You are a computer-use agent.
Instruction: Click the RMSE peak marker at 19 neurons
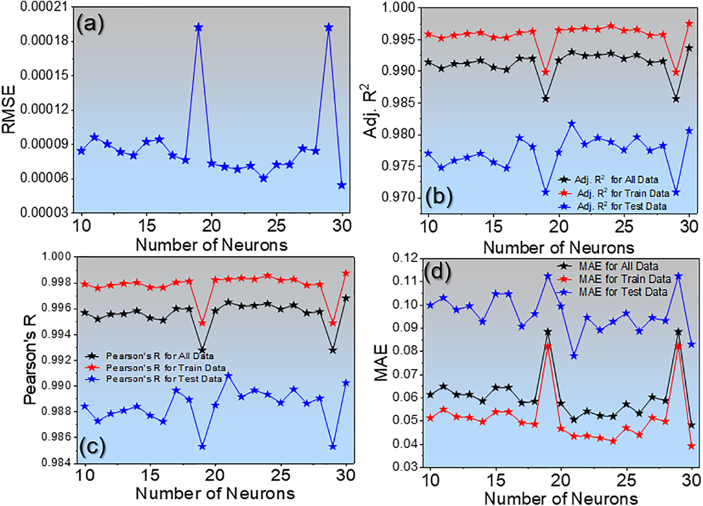pos(198,28)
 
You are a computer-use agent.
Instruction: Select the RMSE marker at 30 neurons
pos(342,185)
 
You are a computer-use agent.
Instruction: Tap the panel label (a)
pos(90,23)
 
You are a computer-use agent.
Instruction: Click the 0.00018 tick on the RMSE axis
pos(44,41)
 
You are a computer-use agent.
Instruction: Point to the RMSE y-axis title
pos(9,109)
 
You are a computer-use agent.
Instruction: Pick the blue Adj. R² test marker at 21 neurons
pos(572,124)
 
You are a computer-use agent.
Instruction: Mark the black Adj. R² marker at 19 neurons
pos(545,99)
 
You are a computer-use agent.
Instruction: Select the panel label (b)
pos(438,197)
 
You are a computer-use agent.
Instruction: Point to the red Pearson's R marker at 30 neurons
pos(346,273)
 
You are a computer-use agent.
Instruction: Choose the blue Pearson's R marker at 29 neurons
pos(333,447)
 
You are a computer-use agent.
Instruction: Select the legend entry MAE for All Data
pos(618,266)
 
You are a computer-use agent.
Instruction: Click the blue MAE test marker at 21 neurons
pos(574,356)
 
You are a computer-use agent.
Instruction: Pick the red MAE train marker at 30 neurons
pos(692,446)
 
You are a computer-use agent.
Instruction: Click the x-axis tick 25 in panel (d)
pos(626,481)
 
